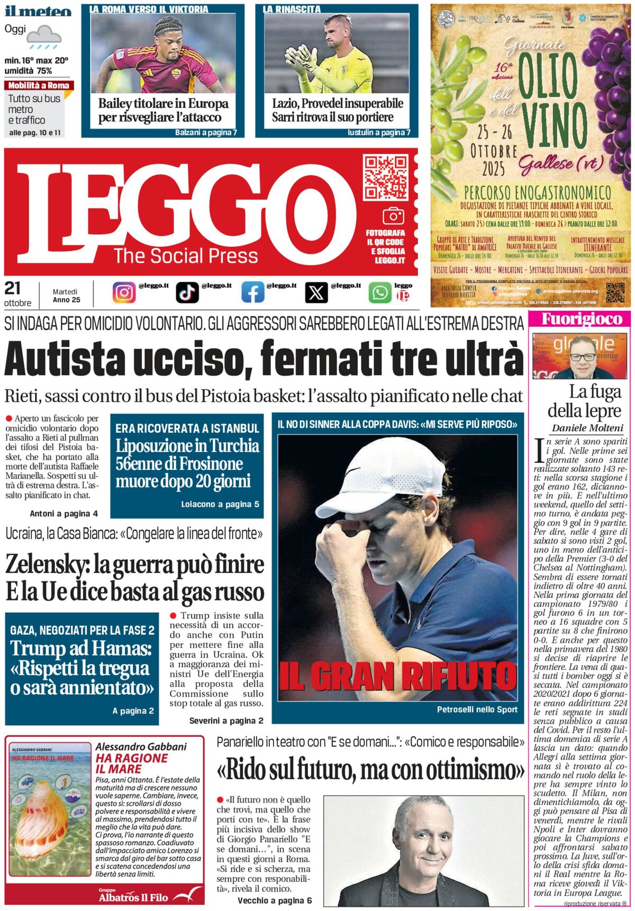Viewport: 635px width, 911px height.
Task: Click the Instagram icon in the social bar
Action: pyautogui.click(x=124, y=292)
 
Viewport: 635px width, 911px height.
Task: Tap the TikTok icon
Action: pyautogui.click(x=187, y=292)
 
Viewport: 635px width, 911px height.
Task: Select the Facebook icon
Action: pyautogui.click(x=252, y=292)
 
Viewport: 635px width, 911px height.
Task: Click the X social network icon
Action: pyautogui.click(x=316, y=292)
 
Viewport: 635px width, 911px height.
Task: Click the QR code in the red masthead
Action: pyautogui.click(x=386, y=177)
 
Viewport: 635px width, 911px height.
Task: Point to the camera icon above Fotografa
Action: pyautogui.click(x=393, y=216)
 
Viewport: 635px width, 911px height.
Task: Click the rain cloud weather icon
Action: pyautogui.click(x=44, y=37)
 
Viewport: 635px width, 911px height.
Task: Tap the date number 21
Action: pyautogui.click(x=13, y=289)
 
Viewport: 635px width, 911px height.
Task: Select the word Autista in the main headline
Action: pyautogui.click(x=63, y=360)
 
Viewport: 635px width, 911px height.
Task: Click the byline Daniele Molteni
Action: pyautogui.click(x=587, y=428)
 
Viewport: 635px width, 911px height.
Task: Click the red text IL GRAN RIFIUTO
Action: pyautogui.click(x=397, y=676)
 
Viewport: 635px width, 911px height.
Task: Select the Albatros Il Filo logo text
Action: pyautogui.click(x=133, y=897)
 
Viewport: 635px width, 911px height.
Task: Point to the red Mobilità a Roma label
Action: pyautogui.click(x=39, y=85)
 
